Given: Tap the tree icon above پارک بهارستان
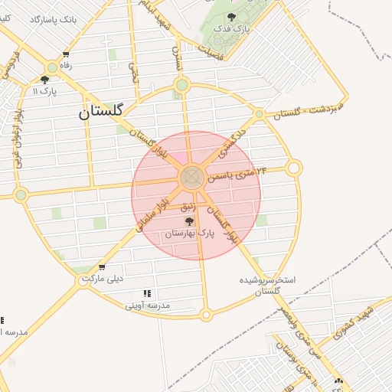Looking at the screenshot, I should pyautogui.click(x=189, y=221).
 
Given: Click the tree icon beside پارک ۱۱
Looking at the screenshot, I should pyautogui.click(x=44, y=80).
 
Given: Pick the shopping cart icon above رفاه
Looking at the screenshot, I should pyautogui.click(x=67, y=54).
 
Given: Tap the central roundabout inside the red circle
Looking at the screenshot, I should pyautogui.click(x=191, y=178).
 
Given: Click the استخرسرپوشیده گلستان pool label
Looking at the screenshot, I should pyautogui.click(x=269, y=285).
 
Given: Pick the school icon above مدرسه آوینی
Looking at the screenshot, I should pyautogui.click(x=147, y=293).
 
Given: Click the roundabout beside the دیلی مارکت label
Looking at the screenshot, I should pyautogui.click(x=83, y=280).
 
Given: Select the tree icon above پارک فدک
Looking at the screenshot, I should pyautogui.click(x=231, y=16).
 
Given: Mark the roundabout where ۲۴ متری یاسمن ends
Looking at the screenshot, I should pyautogui.click(x=294, y=168).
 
